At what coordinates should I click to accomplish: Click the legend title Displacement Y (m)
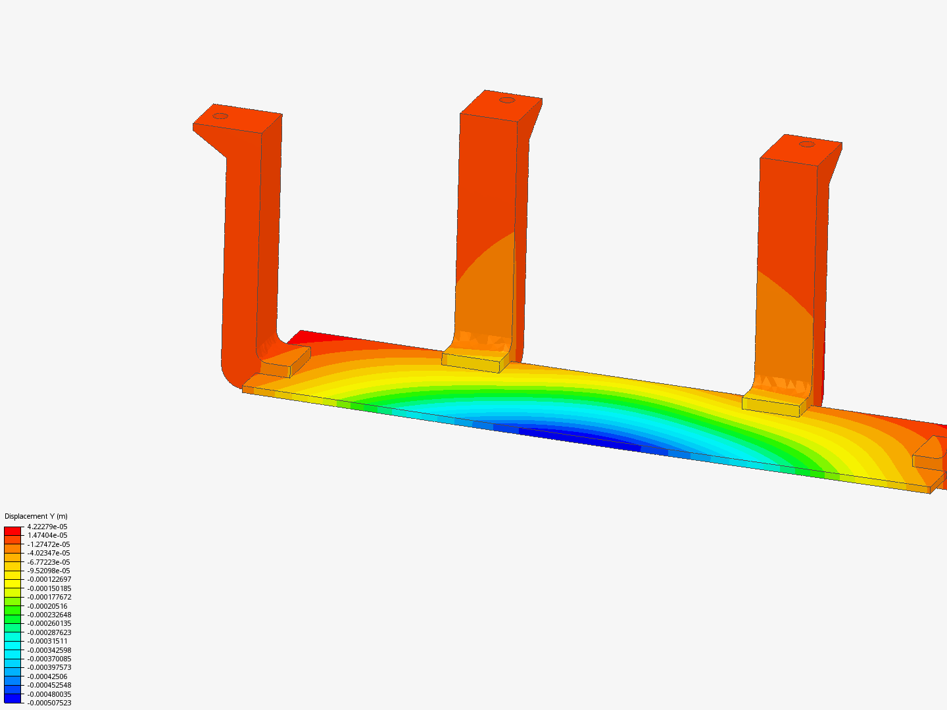pyautogui.click(x=36, y=516)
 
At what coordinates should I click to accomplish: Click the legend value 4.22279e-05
pyautogui.click(x=47, y=527)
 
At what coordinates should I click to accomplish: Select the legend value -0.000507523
pyautogui.click(x=49, y=703)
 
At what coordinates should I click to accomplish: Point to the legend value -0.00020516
pyautogui.click(x=47, y=606)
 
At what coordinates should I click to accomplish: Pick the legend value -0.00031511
pyautogui.click(x=47, y=641)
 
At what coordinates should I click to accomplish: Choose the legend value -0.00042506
pyautogui.click(x=47, y=676)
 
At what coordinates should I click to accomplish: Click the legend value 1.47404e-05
pyautogui.click(x=47, y=535)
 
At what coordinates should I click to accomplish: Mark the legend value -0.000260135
pyautogui.click(x=49, y=623)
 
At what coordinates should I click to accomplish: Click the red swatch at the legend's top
pyautogui.click(x=12, y=531)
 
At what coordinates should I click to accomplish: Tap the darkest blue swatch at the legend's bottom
pyautogui.click(x=12, y=698)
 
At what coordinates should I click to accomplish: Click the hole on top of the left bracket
pyautogui.click(x=220, y=116)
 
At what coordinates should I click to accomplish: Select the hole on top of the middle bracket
pyautogui.click(x=506, y=100)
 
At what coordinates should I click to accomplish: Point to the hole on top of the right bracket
pyautogui.click(x=806, y=144)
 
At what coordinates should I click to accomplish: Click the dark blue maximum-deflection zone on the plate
pyautogui.click(x=579, y=439)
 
